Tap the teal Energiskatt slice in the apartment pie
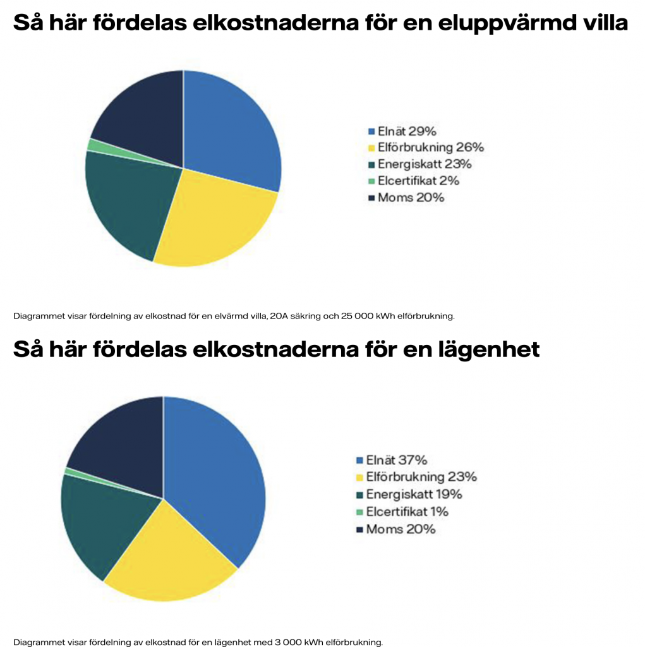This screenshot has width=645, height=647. coord(101,518)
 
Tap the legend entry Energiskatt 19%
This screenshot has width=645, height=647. coord(414,494)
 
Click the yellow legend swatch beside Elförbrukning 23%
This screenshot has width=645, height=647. coord(360,478)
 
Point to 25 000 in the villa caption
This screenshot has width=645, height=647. coord(340,315)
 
